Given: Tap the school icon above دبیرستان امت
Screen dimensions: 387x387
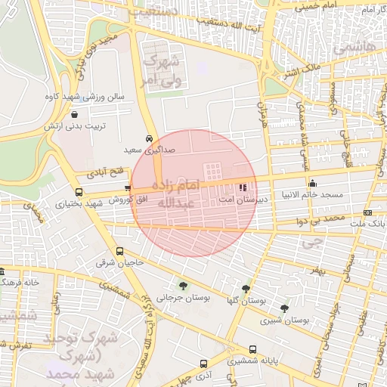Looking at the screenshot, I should (x=243, y=187).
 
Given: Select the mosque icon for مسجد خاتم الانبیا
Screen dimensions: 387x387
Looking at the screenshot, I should (x=313, y=183).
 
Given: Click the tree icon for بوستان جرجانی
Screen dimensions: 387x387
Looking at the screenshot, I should (x=183, y=285).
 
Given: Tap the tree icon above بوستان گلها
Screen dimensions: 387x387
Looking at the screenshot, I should (x=246, y=289).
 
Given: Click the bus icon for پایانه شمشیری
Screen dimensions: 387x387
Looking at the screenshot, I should (x=252, y=350).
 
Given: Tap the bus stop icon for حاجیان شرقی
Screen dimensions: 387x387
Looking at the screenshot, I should (x=119, y=252).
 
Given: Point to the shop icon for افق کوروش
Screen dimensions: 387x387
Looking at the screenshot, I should (x=128, y=188).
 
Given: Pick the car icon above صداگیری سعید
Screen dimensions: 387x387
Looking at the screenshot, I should (x=149, y=138).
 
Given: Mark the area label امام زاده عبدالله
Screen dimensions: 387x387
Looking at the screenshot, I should (x=178, y=193).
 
